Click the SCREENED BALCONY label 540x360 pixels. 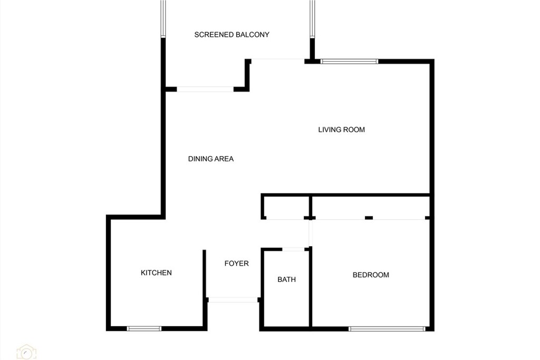[x=232, y=35]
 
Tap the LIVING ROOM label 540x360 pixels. [x=341, y=130]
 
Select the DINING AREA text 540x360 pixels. [x=210, y=159]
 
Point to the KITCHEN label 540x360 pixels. [x=156, y=273]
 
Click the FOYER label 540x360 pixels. [x=236, y=264]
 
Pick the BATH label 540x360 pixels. [x=286, y=280]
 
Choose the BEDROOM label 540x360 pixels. [x=371, y=275]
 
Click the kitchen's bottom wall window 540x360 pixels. [x=144, y=329]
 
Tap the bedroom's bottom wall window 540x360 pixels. [x=387, y=329]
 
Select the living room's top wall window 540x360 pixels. [x=350, y=62]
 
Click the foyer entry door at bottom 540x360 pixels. [x=233, y=300]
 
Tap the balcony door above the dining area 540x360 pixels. [x=205, y=89]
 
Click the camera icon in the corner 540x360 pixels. [x=26, y=352]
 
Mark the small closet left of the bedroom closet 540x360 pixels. [x=285, y=207]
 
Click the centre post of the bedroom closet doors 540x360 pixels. [x=369, y=218]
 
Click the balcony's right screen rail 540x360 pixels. [x=312, y=19]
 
